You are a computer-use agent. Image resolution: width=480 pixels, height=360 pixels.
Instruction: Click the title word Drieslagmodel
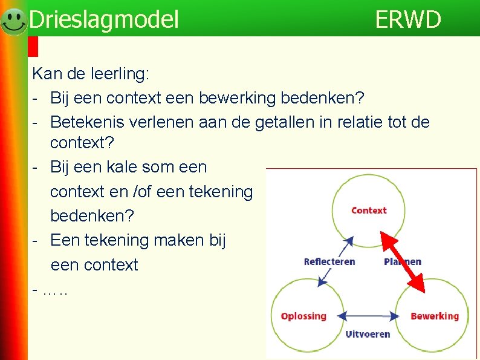104,19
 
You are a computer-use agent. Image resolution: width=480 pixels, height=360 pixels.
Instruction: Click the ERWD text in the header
408,19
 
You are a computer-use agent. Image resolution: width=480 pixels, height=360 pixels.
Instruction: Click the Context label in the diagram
369,211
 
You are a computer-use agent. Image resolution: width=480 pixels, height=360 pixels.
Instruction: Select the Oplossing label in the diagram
303,316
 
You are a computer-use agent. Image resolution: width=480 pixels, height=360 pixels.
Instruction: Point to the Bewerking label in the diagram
434,316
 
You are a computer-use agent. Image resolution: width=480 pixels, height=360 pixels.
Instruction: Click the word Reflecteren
329,261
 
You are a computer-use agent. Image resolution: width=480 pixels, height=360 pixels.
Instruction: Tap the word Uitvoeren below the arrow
368,333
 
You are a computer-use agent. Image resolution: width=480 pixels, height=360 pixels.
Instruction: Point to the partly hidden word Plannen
403,261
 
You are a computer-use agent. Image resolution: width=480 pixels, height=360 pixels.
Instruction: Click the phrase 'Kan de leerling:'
90,74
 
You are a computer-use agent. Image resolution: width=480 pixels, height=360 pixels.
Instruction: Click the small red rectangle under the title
33,47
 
